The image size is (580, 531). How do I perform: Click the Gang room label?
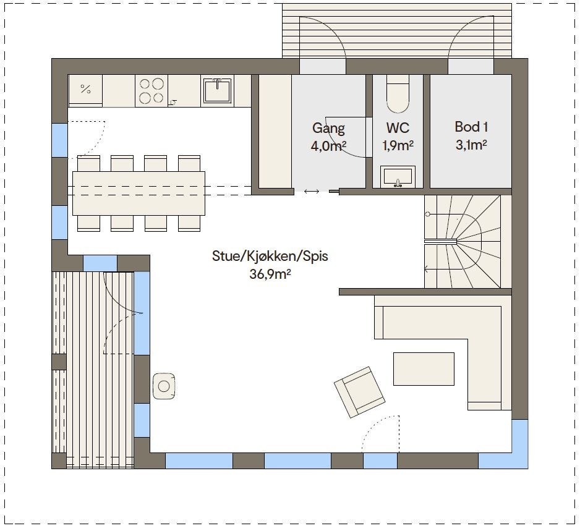pos(328,128)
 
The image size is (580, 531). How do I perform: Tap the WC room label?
pos(398,128)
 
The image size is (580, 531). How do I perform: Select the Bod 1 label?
pos(471,127)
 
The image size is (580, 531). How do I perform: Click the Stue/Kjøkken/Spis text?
pos(270,256)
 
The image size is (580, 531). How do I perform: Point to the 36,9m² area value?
pos(270,274)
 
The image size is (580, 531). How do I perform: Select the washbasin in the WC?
pos(398,176)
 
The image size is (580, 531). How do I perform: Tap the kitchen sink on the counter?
pos(216,91)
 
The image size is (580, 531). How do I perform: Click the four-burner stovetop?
pos(151,91)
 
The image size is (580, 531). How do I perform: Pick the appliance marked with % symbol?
pos(85,90)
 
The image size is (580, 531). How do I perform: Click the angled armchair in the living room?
pos(359,391)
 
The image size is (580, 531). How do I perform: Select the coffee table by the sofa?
pos(424,368)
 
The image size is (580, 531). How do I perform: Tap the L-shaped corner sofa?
pos(482,346)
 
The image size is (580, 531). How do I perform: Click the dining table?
pos(139,192)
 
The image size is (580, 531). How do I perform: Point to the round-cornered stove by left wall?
pos(163,386)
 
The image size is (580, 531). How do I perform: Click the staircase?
pos(467,241)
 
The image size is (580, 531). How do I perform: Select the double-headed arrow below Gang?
pos(312,192)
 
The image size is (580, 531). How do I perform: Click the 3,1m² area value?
pos(471,145)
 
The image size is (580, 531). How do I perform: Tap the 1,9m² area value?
pos(398,146)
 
